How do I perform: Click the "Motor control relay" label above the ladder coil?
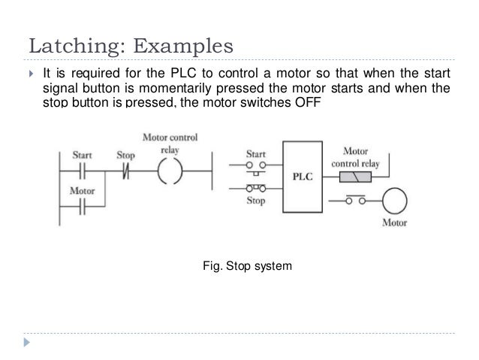[x=172, y=143]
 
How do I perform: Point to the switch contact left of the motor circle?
[x=354, y=201]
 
